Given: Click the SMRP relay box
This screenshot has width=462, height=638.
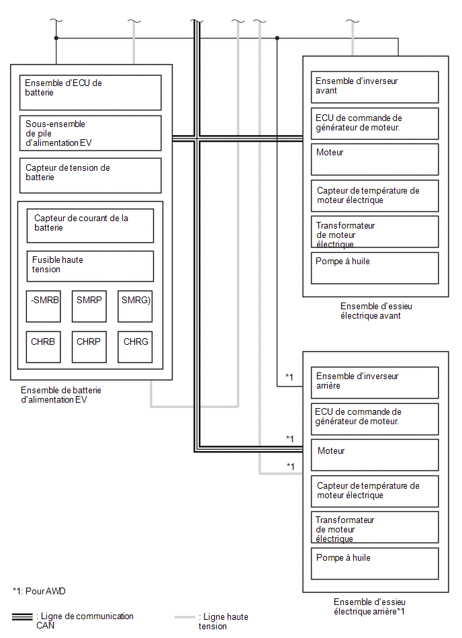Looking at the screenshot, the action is pos(89,307).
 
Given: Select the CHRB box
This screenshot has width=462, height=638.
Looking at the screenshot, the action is pos(44,347).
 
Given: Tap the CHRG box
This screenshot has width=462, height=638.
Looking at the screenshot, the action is pos(135,347).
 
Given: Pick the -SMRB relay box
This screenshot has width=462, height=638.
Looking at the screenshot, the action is pos(44,307).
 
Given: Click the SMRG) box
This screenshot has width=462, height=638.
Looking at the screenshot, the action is pos(135,307).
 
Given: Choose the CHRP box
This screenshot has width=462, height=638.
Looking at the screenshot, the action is pos(89,347).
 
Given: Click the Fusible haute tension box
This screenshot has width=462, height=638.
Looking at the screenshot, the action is pos(90,266).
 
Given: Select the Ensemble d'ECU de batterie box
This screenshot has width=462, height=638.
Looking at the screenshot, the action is pos(91,92).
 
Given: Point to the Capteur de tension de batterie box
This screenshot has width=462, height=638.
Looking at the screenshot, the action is pos(91,175).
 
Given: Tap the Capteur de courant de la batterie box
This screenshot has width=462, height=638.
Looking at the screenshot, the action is pos(90,226).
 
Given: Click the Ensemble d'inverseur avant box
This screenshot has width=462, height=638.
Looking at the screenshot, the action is pos(375,87).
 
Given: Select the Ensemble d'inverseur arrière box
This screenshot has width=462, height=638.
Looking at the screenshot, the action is pos(375,383).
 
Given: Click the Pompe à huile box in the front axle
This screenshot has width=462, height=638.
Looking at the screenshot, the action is pos(375,268).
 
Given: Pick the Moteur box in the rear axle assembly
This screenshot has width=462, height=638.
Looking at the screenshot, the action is pos(375,455).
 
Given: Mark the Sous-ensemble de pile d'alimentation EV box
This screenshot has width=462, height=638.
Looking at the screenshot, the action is pos(91,133).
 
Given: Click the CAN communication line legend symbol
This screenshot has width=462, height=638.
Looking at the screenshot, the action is pos(22,617).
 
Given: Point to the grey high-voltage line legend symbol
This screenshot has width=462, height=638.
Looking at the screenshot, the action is pos(185,617).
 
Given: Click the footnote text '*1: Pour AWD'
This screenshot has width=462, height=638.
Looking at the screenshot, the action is pos(39,591).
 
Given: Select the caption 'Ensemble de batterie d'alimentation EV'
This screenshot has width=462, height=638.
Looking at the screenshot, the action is pos(61,395).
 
